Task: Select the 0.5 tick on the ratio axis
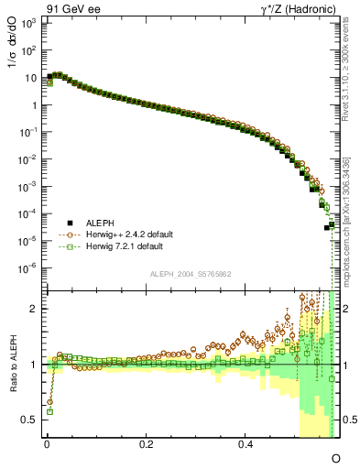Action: pos(29,420)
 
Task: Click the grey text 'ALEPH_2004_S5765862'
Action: pos(189,274)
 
